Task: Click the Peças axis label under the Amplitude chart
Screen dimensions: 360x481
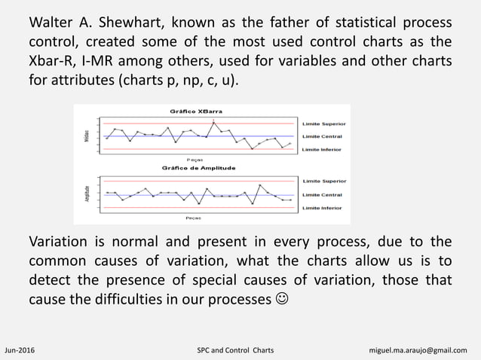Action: pyautogui.click(x=194, y=218)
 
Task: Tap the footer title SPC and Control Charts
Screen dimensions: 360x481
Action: pyautogui.click(x=234, y=351)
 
